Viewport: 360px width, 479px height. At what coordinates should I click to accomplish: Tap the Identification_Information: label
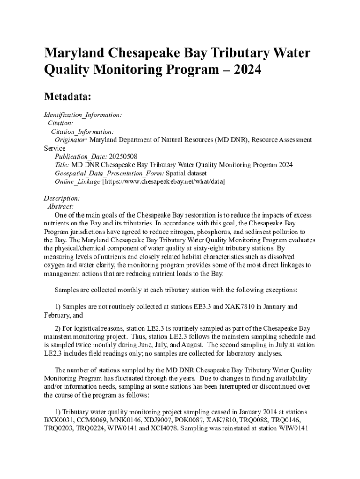pyautogui.click(x=83, y=115)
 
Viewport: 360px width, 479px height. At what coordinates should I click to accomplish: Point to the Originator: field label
pyautogui.click(x=71, y=139)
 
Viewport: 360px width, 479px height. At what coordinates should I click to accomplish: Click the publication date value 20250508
pyautogui.click(x=123, y=156)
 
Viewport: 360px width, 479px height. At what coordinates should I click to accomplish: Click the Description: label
pyautogui.click(x=62, y=198)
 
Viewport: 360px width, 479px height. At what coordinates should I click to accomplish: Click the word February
pyautogui.click(x=58, y=315)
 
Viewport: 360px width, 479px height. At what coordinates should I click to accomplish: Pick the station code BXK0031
pyautogui.click(x=60, y=420)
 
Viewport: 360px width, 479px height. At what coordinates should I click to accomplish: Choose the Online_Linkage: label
pyautogui.click(x=78, y=181)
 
